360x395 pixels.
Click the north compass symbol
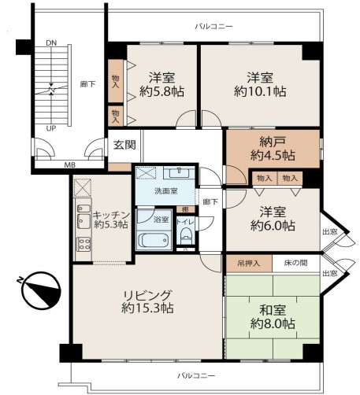41,290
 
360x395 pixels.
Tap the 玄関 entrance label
124,145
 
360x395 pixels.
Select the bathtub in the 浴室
154,240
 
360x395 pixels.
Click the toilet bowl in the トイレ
186,234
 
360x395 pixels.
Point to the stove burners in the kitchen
84,244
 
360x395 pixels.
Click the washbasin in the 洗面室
179,172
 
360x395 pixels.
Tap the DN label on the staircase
51,43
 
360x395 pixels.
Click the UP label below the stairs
51,128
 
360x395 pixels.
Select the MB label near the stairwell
70,165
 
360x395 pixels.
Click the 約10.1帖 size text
260,92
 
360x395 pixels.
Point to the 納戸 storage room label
273,142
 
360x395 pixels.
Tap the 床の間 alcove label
295,263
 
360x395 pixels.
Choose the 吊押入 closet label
249,264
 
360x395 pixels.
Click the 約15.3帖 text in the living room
147,308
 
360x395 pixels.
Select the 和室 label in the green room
273,310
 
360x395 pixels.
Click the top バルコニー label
213,27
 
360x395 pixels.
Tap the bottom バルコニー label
196,376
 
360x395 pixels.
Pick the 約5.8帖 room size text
161,92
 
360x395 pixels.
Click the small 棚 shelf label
186,209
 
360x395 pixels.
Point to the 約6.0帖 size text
273,226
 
